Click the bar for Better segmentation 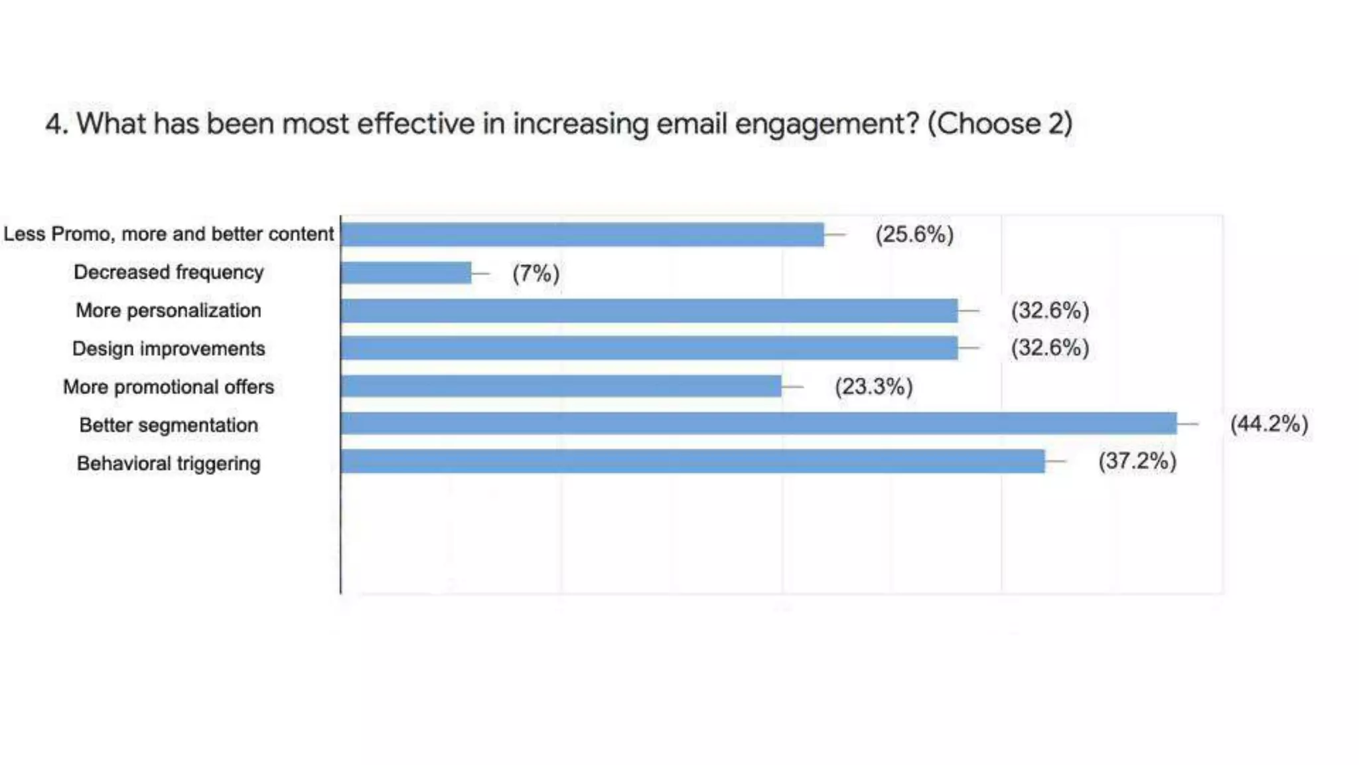[758, 424]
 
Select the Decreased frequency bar [405, 273]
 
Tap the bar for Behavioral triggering [692, 462]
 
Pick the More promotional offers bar [561, 386]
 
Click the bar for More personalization [649, 311]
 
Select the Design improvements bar [649, 348]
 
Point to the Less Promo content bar [582, 234]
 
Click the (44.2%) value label [1269, 424]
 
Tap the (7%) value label [536, 273]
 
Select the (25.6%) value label [914, 234]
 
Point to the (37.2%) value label [1137, 461]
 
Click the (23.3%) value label [873, 386]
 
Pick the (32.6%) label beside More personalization [1050, 310]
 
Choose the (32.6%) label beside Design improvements [1050, 348]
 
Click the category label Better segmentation [169, 425]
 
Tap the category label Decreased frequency [169, 272]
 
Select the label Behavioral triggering [169, 464]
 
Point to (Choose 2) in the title [999, 124]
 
